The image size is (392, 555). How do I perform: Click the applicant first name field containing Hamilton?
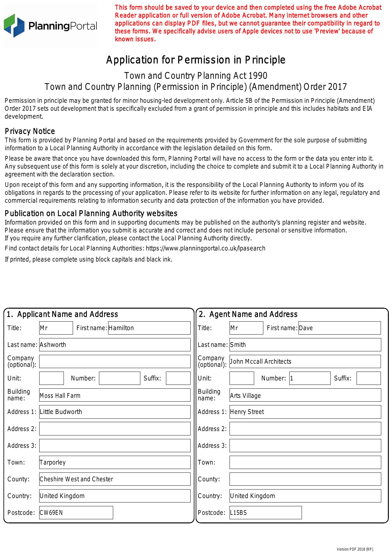pyautogui.click(x=149, y=328)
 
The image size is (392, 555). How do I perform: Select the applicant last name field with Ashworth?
pyautogui.click(x=115, y=345)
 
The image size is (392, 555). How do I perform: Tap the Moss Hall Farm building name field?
pyautogui.click(x=115, y=395)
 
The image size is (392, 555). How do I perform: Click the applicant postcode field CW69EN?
pyautogui.click(x=76, y=513)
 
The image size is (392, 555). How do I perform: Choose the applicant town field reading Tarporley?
pyautogui.click(x=115, y=462)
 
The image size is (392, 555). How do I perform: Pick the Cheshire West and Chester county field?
pyautogui.click(x=115, y=479)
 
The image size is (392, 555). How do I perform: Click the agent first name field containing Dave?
pyautogui.click(x=340, y=328)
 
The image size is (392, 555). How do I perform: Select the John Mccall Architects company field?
pyautogui.click(x=305, y=361)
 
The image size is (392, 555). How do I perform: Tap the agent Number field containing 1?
pyautogui.click(x=310, y=378)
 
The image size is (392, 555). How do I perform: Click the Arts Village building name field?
pyautogui.click(x=305, y=395)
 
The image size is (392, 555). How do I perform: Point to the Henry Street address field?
pyautogui.click(x=305, y=412)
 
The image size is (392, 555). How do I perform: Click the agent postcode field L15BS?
pyautogui.click(x=266, y=513)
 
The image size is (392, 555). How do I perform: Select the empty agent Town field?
pyautogui.click(x=305, y=462)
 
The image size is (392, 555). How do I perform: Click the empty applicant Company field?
pyautogui.click(x=115, y=361)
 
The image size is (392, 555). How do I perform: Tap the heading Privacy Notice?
pyautogui.click(x=30, y=131)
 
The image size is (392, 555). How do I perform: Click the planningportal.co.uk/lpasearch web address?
pyautogui.click(x=205, y=248)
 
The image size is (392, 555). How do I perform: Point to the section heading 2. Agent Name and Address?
pyautogui.click(x=248, y=314)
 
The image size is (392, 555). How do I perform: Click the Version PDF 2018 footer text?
pyautogui.click(x=355, y=549)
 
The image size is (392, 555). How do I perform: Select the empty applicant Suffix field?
pyautogui.click(x=178, y=378)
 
